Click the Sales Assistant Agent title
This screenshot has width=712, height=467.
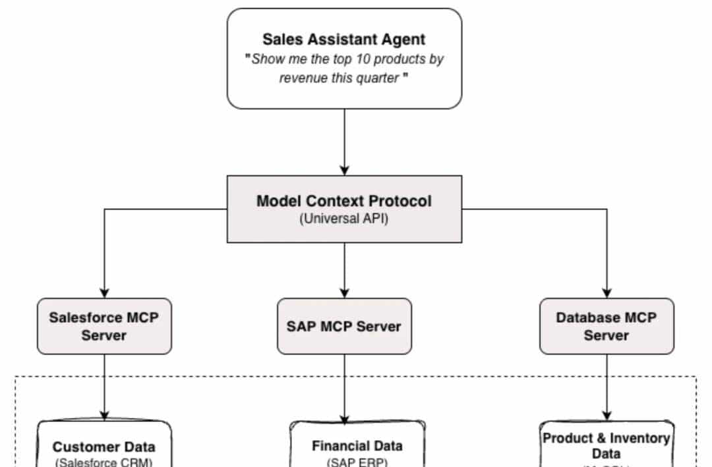[344, 39]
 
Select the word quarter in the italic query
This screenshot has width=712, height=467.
[378, 78]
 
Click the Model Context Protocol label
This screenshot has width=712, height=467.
[344, 201]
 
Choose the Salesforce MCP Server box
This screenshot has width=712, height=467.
[104, 325]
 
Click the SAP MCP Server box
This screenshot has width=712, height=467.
[344, 326]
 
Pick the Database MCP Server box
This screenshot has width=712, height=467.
[607, 326]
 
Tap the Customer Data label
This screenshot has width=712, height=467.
[104, 447]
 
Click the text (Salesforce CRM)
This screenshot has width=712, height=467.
[104, 462]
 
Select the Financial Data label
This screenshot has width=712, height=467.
[357, 446]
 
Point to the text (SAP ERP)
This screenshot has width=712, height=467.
[357, 461]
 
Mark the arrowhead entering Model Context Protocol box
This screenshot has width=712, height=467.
[344, 171]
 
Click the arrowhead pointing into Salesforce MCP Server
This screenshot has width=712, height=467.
[104, 293]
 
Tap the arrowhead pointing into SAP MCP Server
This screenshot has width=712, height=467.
[344, 293]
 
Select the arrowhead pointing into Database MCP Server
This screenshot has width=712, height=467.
[607, 293]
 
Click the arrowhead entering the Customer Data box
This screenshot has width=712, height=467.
[104, 415]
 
